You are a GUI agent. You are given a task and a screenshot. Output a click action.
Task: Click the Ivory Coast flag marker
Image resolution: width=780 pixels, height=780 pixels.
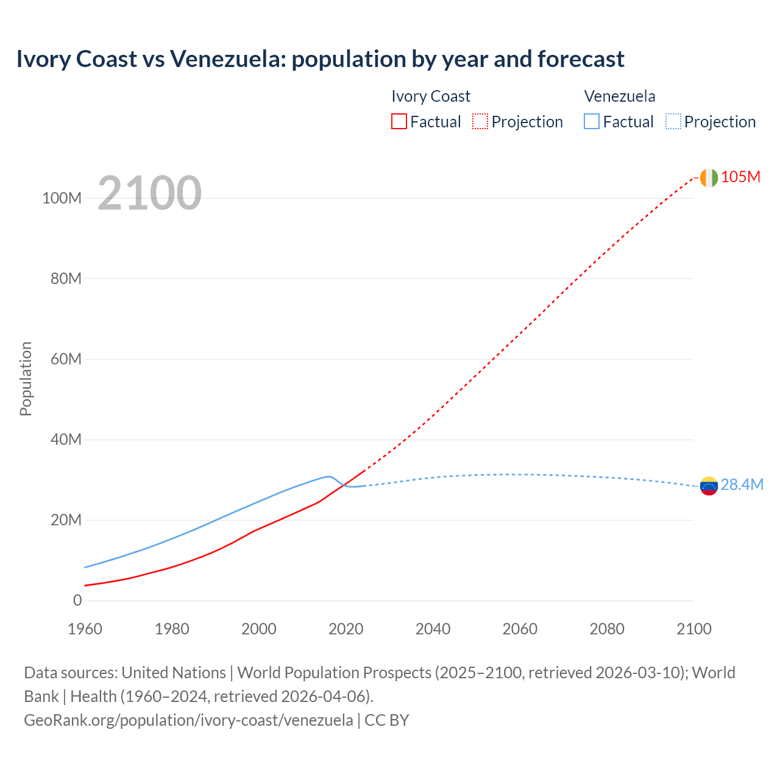coord(709,177)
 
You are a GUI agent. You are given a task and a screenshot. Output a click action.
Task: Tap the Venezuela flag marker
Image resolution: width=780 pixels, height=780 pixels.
coord(709,486)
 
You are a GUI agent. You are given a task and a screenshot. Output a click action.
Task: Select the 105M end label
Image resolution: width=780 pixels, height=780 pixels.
coord(740,177)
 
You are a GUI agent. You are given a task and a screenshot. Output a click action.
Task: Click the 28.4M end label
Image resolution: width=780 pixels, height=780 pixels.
coord(742,484)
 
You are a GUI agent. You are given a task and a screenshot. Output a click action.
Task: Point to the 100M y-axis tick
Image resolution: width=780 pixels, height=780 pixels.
coord(62,198)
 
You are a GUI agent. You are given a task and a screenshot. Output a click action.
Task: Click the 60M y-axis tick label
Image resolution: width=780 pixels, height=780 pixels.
coord(66,359)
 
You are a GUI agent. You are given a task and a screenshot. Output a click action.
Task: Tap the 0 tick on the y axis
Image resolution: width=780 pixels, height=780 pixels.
coord(77,600)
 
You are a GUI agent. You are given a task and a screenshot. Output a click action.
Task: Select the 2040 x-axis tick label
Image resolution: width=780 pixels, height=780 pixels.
coord(433,629)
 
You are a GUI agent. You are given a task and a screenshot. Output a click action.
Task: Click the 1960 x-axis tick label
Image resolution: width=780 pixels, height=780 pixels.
coord(85,629)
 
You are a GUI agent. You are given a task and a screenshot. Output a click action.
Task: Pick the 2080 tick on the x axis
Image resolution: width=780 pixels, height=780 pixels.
coord(607,629)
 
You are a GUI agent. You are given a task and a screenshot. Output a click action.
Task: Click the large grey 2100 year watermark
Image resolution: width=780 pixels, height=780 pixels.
coord(149,193)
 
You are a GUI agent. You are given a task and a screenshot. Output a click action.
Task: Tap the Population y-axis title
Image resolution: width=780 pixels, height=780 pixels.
coord(26,378)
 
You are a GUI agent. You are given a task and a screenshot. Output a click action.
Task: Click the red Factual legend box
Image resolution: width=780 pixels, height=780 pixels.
coord(399,121)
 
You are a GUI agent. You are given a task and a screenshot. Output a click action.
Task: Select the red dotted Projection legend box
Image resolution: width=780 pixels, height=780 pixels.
coord(480,121)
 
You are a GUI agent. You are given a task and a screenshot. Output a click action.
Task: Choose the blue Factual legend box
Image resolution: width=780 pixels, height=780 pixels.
coord(591,121)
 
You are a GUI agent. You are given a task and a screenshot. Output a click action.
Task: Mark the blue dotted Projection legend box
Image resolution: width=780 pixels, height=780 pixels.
coord(673,121)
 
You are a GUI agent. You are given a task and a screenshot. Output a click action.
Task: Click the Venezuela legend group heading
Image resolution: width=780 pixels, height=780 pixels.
coord(620,96)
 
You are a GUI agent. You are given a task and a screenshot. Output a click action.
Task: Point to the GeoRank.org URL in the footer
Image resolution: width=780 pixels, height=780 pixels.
coord(188,720)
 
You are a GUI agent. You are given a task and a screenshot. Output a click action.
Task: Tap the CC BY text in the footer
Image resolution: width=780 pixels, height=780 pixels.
coord(387,720)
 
